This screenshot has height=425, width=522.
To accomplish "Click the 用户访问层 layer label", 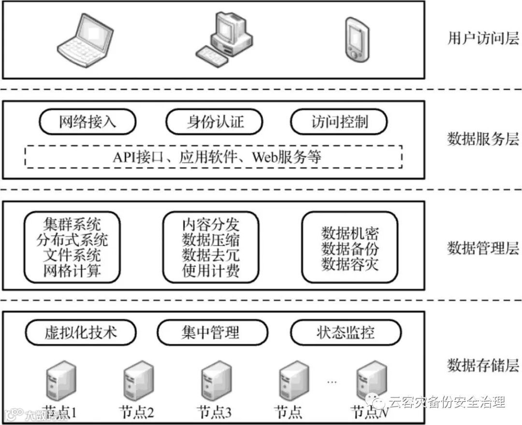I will [482, 39].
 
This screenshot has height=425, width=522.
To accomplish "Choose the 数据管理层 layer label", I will [482, 248].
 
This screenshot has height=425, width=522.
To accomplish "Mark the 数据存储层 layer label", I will [482, 365].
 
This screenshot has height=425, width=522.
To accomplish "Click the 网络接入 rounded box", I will [87, 122].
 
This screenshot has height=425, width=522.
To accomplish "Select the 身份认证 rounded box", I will [215, 122].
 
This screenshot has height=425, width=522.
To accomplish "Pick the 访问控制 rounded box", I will [339, 121].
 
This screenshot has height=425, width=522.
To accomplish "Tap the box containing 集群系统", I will [72, 247].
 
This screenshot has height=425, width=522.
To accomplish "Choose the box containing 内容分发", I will [211, 247].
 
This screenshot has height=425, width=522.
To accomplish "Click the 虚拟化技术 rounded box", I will [81, 332].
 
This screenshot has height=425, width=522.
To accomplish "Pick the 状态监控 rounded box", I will [346, 332].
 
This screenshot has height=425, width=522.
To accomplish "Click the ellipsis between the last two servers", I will [332, 382].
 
